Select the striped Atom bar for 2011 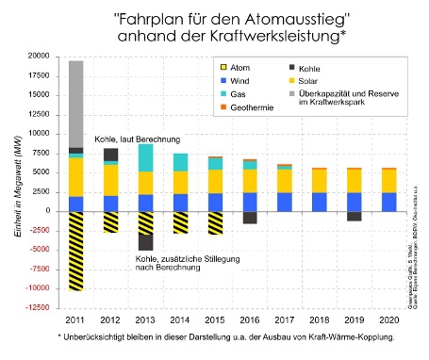coord(76,251)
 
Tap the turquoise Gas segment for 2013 coord(145,157)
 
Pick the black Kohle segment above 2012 coord(111,155)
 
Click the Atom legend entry coord(238,69)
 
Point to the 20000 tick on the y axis coord(38,57)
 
